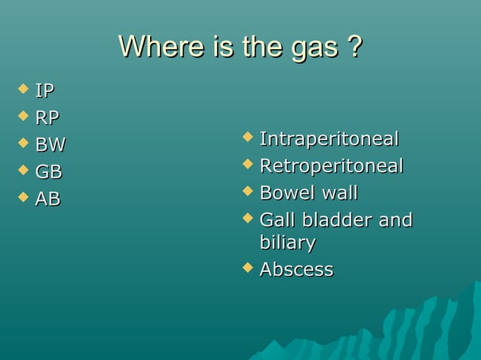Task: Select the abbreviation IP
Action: pos(44,92)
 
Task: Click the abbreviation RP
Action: pos(47,118)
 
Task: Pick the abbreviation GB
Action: pos(48,172)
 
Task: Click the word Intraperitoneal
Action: pos(329,139)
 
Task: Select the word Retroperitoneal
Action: pos(331,166)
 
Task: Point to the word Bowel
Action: pos(286,194)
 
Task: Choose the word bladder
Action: pos(338,221)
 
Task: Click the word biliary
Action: pos(287,244)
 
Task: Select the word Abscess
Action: pos(296,270)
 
